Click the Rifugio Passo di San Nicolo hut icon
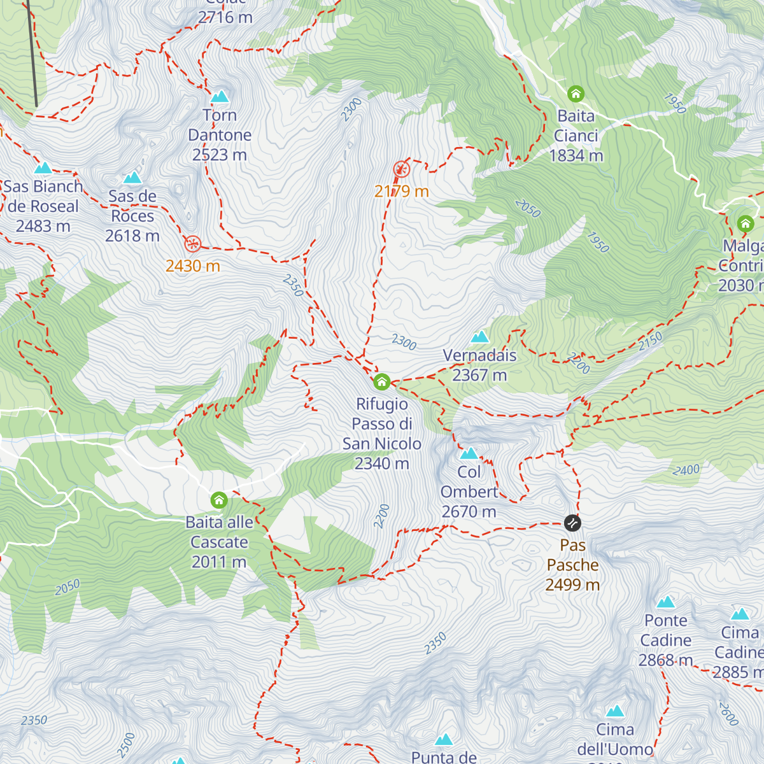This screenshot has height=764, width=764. pyautogui.click(x=381, y=381)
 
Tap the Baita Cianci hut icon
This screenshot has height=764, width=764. pyautogui.click(x=576, y=94)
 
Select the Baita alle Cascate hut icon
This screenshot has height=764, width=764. pyautogui.click(x=219, y=500)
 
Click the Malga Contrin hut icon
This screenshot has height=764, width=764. pyautogui.click(x=745, y=223)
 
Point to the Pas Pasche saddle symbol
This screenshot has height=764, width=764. pyautogui.click(x=572, y=523)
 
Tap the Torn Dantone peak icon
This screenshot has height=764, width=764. pyautogui.click(x=220, y=96)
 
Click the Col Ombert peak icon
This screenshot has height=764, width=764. pyautogui.click(x=469, y=453)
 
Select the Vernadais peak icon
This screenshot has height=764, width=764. pyautogui.click(x=479, y=336)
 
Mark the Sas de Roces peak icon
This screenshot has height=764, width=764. pyautogui.click(x=132, y=177)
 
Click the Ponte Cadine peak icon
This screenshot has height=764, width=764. pyautogui.click(x=666, y=602)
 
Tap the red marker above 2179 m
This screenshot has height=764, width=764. pyautogui.click(x=401, y=169)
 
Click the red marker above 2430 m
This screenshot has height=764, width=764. pyautogui.click(x=192, y=244)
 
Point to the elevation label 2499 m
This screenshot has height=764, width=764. pyautogui.click(x=572, y=584)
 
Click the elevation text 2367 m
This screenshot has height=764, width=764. pyautogui.click(x=479, y=375)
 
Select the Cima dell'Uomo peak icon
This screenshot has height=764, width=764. pyautogui.click(x=615, y=711)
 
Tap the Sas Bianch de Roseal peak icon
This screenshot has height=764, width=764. pyautogui.click(x=43, y=168)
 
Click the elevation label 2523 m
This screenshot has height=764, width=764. pyautogui.click(x=220, y=155)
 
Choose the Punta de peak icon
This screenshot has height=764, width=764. pyautogui.click(x=444, y=739)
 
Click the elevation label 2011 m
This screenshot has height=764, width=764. pyautogui.click(x=219, y=562)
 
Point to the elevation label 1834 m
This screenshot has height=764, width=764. pyautogui.click(x=576, y=155)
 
